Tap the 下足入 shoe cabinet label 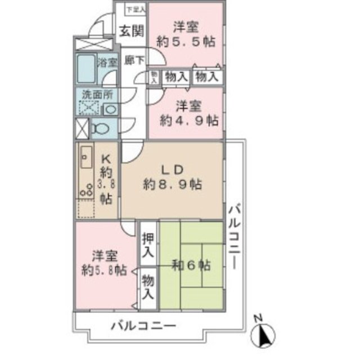point(136,10)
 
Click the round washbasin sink point(110,109)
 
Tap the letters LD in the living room point(172,168)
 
